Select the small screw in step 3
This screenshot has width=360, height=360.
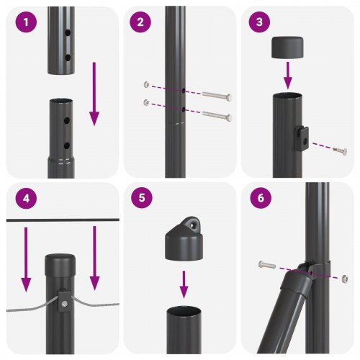click(338, 150)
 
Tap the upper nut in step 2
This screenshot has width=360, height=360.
click(146, 84)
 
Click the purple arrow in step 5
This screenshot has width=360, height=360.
click(184, 284)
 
